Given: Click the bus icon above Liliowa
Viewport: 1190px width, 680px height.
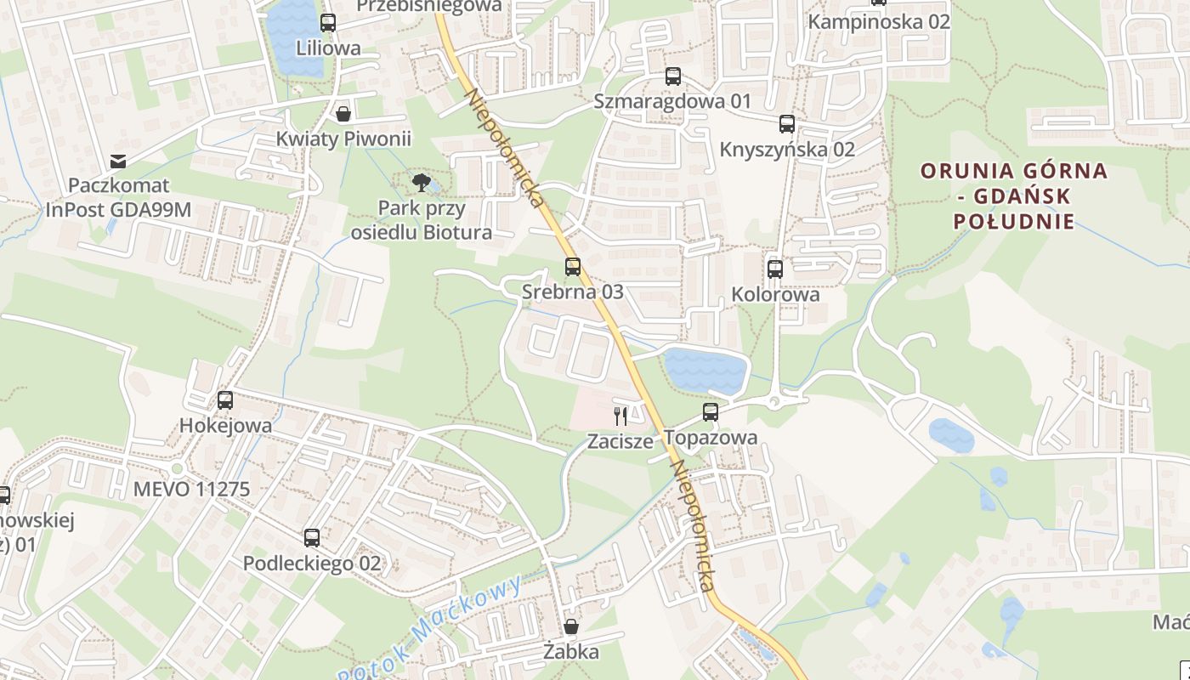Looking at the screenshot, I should [328, 23].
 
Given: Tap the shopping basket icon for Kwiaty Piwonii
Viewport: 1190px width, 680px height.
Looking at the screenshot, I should [343, 113].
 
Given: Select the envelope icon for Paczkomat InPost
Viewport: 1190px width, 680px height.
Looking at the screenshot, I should [118, 161].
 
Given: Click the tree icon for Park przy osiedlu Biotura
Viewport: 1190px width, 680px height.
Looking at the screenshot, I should [421, 182].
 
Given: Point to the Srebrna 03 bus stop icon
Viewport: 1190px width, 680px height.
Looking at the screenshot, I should [573, 267].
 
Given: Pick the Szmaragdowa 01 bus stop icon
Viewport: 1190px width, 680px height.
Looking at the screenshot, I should [673, 76].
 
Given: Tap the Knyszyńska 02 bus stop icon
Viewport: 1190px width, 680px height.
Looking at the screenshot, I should [787, 124].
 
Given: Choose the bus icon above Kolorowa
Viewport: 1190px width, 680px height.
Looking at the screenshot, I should [775, 269].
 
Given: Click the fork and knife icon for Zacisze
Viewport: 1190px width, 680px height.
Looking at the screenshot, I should [620, 416].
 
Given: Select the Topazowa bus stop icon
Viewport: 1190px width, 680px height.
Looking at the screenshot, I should [711, 412].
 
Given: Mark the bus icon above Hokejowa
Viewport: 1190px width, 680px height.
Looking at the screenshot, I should [225, 400].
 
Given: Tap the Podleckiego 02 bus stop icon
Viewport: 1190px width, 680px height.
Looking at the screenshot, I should [312, 538].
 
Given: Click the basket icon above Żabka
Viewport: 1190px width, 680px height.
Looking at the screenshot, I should [572, 627].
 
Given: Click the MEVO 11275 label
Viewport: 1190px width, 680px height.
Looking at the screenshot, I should [192, 490].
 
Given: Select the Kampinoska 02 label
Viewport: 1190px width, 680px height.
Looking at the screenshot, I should [879, 22].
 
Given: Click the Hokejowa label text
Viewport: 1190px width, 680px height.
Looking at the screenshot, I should [226, 426].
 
